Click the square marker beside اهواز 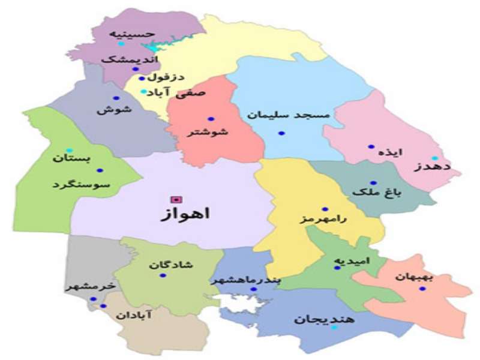point(175,199)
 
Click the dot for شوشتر point(211,119)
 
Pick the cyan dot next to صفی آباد point(143,92)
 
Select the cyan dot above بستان point(69,150)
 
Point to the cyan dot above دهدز point(434,158)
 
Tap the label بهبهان point(415,277)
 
